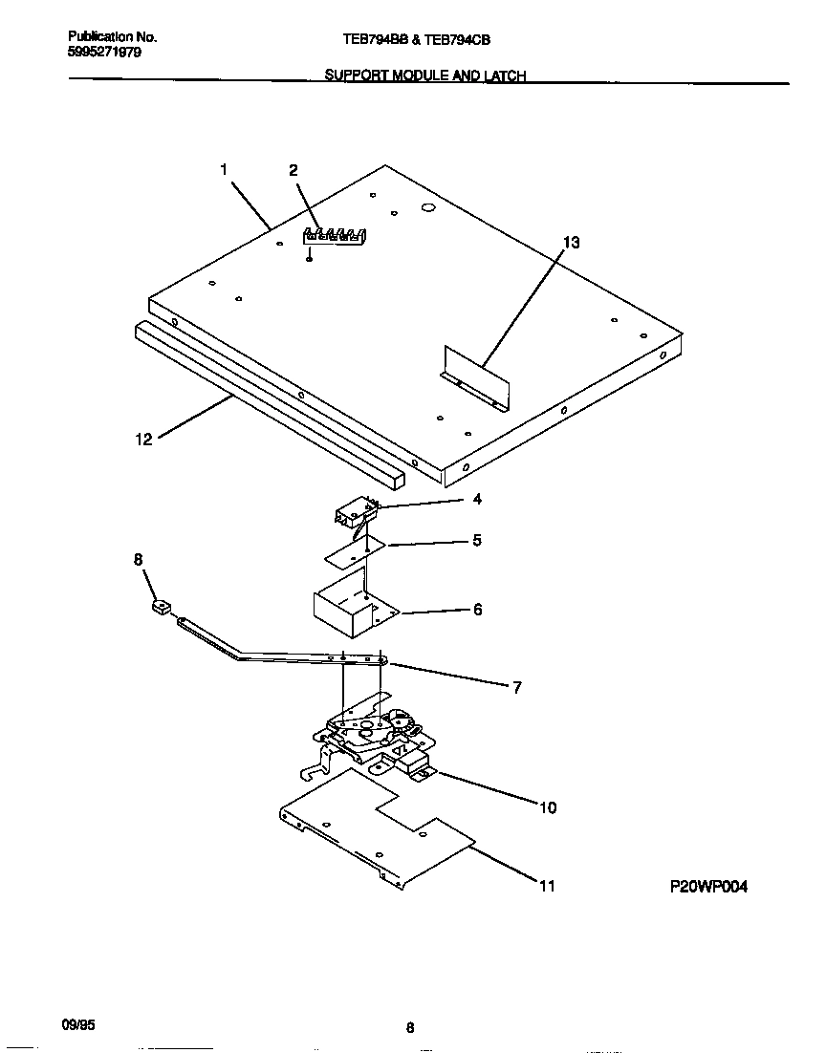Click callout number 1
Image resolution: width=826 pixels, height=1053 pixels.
223,170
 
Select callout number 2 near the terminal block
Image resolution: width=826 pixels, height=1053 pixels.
293,171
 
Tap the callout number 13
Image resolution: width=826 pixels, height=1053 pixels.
571,243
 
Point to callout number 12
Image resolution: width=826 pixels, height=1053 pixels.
143,441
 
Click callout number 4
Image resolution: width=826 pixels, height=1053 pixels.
477,499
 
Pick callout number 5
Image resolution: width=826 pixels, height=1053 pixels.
477,540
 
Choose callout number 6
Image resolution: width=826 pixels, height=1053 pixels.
477,609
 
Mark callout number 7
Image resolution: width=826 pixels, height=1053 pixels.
516,686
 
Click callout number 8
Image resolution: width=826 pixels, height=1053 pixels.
138,559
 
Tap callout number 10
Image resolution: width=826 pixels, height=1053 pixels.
547,807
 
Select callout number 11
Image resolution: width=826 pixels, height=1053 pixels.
547,886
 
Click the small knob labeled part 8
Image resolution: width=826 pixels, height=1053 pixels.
161,606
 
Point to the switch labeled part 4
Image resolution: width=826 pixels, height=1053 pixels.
354,514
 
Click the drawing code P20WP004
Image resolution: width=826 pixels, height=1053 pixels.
708,887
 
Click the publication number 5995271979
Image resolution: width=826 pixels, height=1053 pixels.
105,53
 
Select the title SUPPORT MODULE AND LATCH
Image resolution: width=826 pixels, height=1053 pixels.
425,75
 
